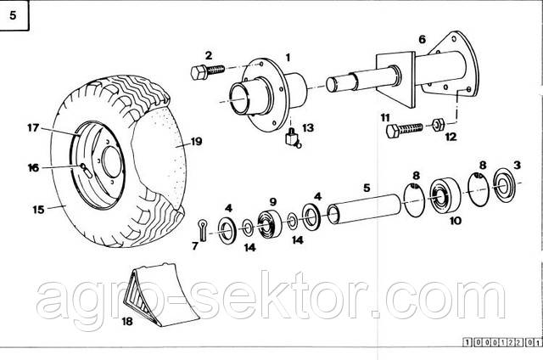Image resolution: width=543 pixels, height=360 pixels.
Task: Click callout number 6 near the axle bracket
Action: (422, 39)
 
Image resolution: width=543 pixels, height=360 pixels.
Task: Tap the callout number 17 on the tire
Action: (31, 128)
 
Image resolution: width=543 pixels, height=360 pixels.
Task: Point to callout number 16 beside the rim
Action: (33, 167)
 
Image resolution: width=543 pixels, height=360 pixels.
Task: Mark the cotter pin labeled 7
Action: (199, 227)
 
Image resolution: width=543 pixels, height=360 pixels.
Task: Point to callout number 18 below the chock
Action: (128, 322)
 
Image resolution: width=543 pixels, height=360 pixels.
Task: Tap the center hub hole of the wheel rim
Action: (109, 164)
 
